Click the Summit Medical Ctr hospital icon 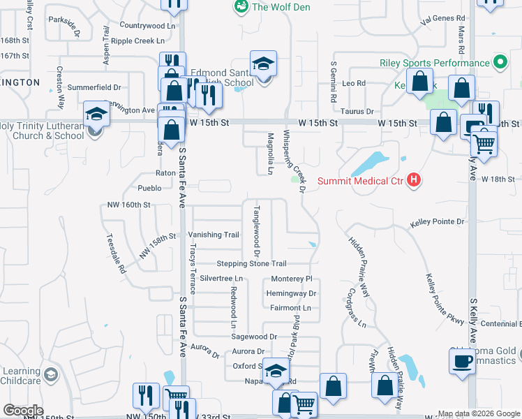(x=415, y=180)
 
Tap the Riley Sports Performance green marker (x=500, y=63)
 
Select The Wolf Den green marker (x=241, y=7)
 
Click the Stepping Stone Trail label (x=251, y=263)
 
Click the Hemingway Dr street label (x=292, y=293)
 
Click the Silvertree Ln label (x=221, y=278)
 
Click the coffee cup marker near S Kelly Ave (x=461, y=362)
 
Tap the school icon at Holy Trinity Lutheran (x=96, y=114)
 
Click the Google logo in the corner (x=23, y=411)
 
